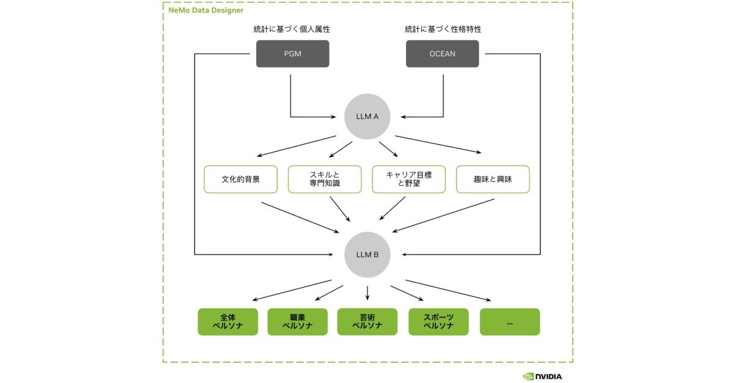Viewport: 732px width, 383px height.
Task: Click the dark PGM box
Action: pyautogui.click(x=292, y=54)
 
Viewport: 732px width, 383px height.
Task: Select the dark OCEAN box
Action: pyautogui.click(x=442, y=54)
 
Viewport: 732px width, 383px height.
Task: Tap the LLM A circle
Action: pyautogui.click(x=368, y=116)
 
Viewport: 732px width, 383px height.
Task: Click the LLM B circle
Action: pyautogui.click(x=368, y=254)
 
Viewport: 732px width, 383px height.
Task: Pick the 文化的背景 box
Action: pyautogui.click(x=240, y=180)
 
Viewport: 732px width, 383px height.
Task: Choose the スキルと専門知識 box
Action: pyautogui.click(x=324, y=180)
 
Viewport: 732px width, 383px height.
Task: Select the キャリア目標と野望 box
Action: pyautogui.click(x=409, y=180)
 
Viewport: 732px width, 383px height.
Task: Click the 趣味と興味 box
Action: pyautogui.click(x=492, y=180)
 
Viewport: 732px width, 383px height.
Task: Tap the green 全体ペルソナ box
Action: pyautogui.click(x=227, y=322)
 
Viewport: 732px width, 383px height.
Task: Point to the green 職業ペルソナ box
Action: pyautogui.click(x=297, y=322)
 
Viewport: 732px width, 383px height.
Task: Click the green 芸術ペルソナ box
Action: pyautogui.click(x=368, y=322)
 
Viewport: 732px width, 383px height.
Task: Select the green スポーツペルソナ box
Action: pyautogui.click(x=438, y=322)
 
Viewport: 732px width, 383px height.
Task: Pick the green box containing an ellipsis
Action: pyautogui.click(x=509, y=322)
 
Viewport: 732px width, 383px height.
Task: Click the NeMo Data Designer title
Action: pyautogui.click(x=205, y=10)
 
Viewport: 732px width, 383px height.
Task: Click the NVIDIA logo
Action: pyautogui.click(x=542, y=376)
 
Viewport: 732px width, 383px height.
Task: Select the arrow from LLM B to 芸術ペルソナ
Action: pyautogui.click(x=368, y=293)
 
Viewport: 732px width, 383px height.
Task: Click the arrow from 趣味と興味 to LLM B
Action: pyautogui.click(x=443, y=216)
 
